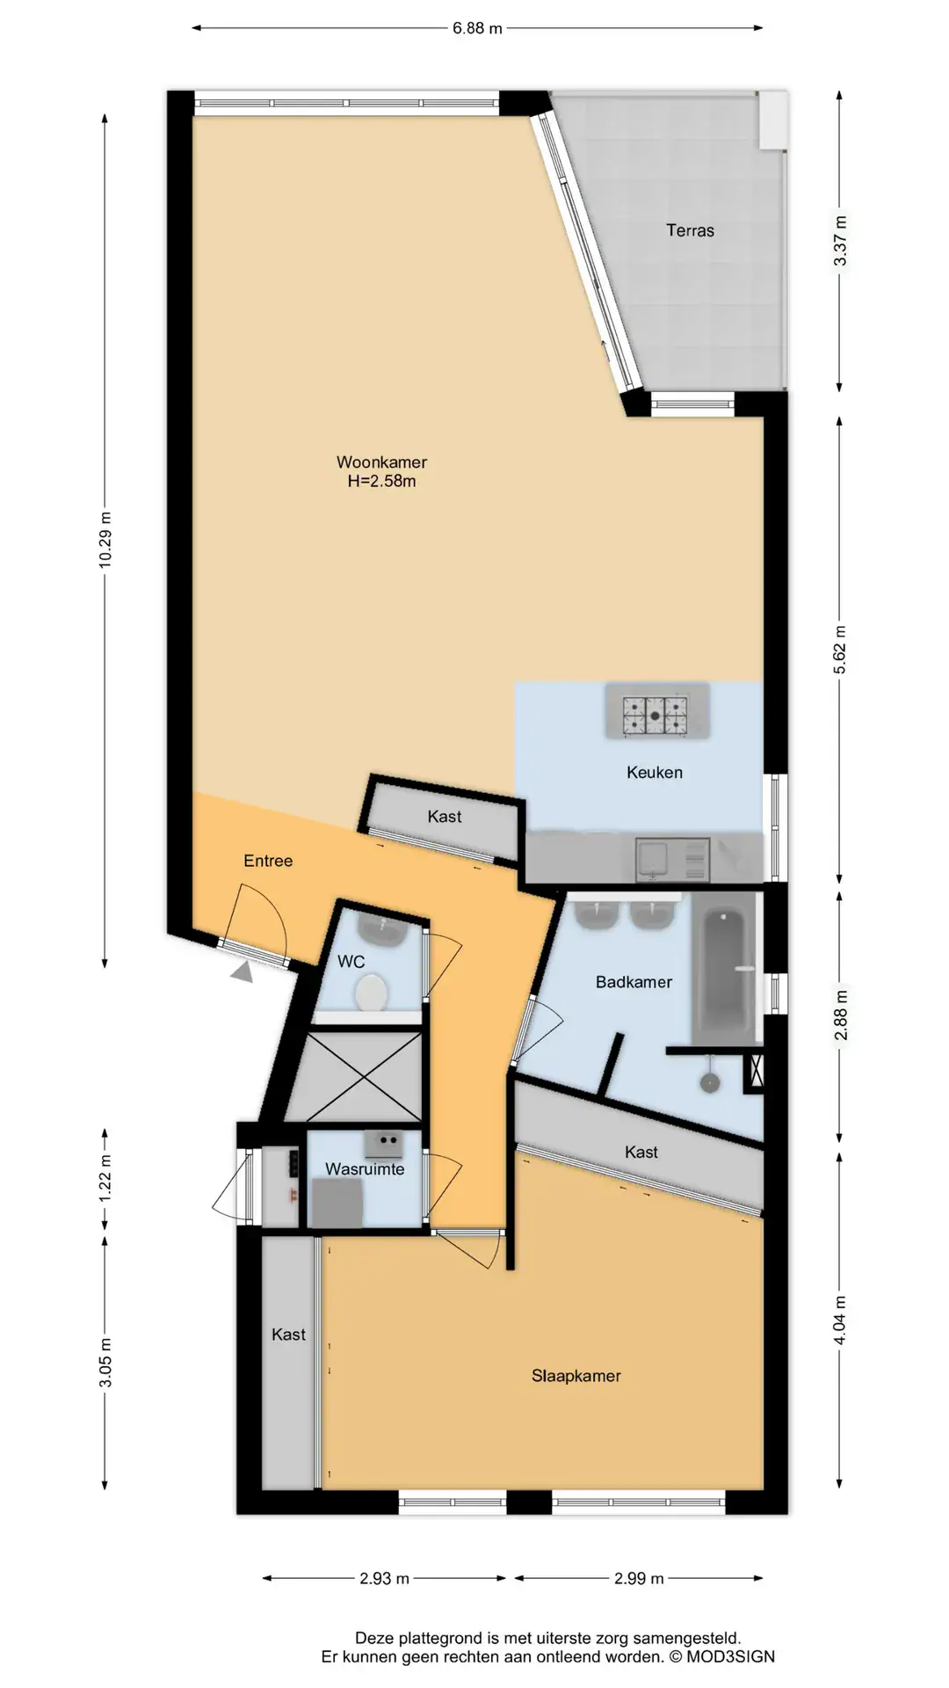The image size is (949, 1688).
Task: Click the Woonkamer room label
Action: [381, 462]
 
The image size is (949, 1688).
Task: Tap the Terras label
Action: [690, 230]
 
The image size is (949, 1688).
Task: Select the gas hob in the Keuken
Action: [656, 715]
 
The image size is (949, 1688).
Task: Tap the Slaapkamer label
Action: [576, 1376]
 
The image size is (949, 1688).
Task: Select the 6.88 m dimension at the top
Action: [477, 28]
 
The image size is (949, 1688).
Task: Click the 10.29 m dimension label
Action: [105, 539]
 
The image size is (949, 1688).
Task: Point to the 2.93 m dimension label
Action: [384, 1578]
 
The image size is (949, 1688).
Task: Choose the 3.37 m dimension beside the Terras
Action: [840, 241]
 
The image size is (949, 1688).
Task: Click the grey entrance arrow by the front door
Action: [242, 971]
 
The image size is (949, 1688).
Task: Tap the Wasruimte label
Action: [365, 1168]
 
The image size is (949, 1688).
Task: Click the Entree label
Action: [268, 861]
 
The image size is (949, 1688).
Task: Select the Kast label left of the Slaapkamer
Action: [288, 1335]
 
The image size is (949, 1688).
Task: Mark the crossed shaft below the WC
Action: [363, 1077]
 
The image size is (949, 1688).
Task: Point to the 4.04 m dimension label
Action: [840, 1321]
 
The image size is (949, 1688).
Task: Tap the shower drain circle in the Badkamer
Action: [710, 1083]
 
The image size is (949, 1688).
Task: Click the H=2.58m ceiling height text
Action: [381, 481]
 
